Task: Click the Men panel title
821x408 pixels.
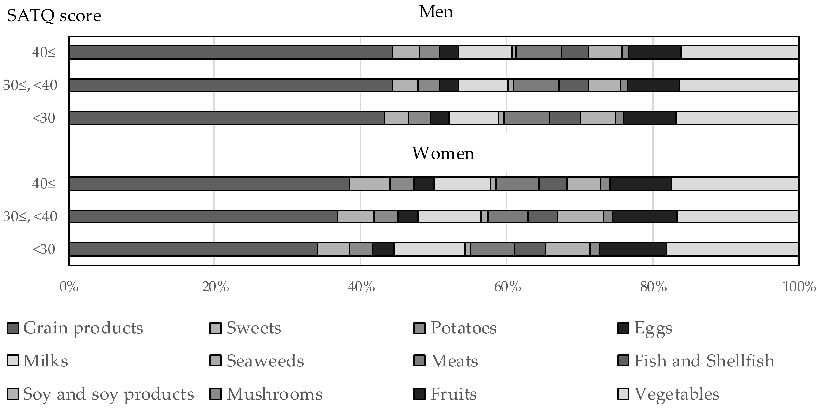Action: [x=436, y=12]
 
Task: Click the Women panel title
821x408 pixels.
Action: [x=443, y=154]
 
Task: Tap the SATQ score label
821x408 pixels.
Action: [x=54, y=16]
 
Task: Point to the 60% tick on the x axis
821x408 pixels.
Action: [x=507, y=287]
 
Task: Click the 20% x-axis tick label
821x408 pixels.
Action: [x=215, y=287]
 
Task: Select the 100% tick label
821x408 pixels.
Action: [x=799, y=287]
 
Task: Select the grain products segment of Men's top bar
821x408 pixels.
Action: [x=231, y=53]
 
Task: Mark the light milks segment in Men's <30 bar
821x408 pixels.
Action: [x=474, y=118]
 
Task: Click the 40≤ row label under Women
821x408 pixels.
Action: [x=44, y=184]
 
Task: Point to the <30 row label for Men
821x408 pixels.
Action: [x=44, y=118]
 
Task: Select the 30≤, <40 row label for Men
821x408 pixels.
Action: [x=30, y=85]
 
